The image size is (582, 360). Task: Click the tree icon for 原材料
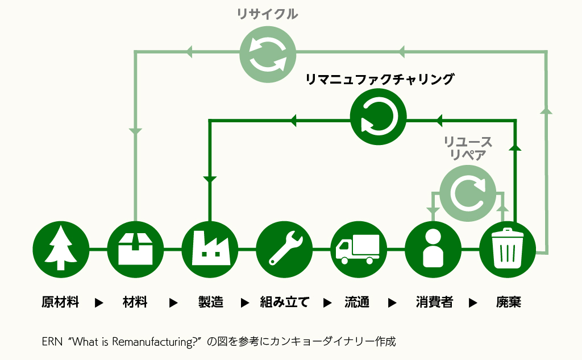[61, 249]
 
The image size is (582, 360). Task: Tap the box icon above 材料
[135, 249]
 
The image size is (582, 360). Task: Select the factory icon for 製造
[210, 249]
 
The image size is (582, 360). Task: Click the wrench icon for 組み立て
[284, 249]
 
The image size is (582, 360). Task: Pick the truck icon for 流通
[358, 249]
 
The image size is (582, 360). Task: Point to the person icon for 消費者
[433, 249]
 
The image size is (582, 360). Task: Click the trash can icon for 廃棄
[508, 249]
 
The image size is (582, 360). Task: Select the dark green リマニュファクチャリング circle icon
[379, 119]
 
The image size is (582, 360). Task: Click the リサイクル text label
[267, 15]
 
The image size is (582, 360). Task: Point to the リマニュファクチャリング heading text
[380, 80]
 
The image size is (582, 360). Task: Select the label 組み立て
[284, 302]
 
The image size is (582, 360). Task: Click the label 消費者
[434, 302]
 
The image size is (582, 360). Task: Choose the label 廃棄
[508, 302]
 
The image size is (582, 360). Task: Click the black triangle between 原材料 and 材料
[99, 303]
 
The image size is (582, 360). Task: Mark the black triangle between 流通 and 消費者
[392, 303]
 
